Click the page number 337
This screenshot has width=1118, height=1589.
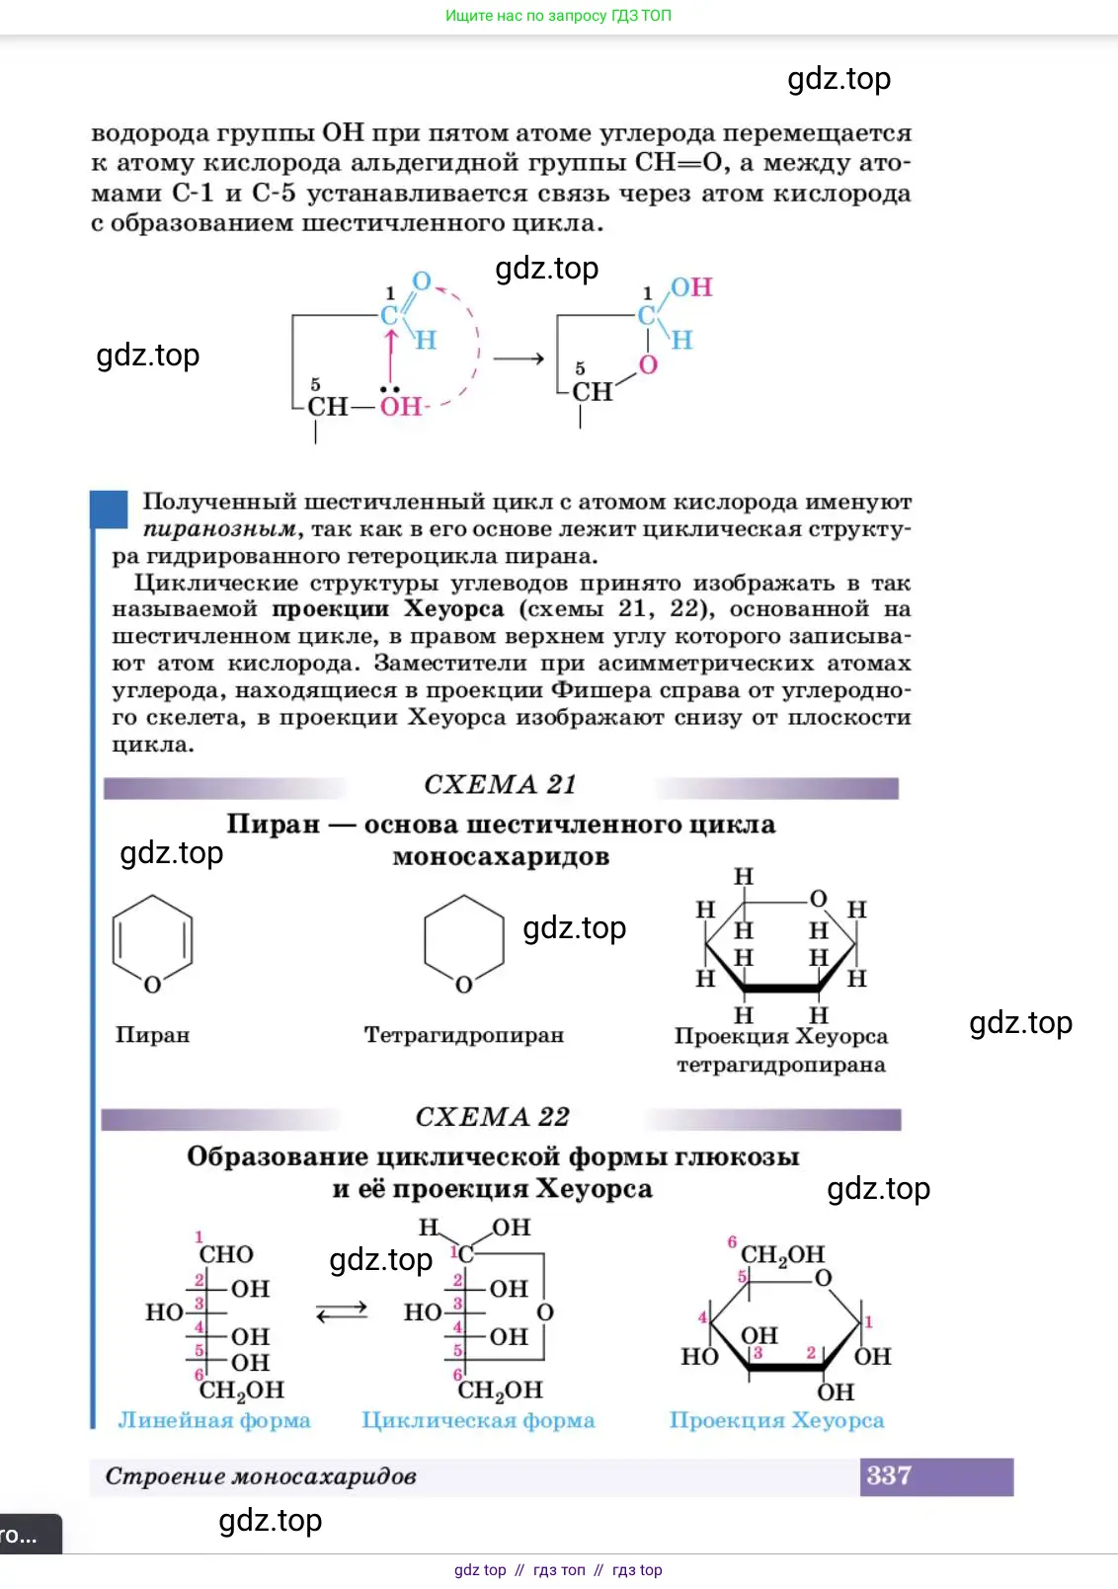[x=889, y=1475]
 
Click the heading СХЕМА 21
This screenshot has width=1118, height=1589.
[x=500, y=784]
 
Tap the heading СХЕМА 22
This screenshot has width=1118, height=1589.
[x=492, y=1117]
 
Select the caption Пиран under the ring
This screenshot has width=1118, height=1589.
[x=152, y=1035]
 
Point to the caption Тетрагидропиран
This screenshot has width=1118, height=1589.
[x=463, y=1035]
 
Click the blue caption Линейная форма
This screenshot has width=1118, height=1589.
[x=214, y=1420]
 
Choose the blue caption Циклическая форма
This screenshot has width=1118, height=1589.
[x=478, y=1420]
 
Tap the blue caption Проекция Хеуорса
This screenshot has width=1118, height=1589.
[x=776, y=1420]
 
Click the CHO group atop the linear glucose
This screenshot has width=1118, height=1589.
[x=226, y=1254]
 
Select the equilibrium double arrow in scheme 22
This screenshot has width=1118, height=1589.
[x=342, y=1312]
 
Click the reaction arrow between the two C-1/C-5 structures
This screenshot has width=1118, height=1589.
[x=519, y=358]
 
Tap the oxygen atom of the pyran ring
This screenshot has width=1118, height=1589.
[x=152, y=985]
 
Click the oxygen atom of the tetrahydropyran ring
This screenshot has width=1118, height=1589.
[x=464, y=985]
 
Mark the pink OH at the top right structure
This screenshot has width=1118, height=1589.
[x=691, y=287]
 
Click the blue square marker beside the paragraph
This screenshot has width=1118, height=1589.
[x=109, y=510]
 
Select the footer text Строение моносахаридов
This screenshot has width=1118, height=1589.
[x=261, y=1476]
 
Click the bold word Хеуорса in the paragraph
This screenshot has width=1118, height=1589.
[x=454, y=609]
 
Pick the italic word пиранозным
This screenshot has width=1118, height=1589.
[x=218, y=529]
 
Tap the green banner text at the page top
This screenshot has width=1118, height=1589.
[x=558, y=16]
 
